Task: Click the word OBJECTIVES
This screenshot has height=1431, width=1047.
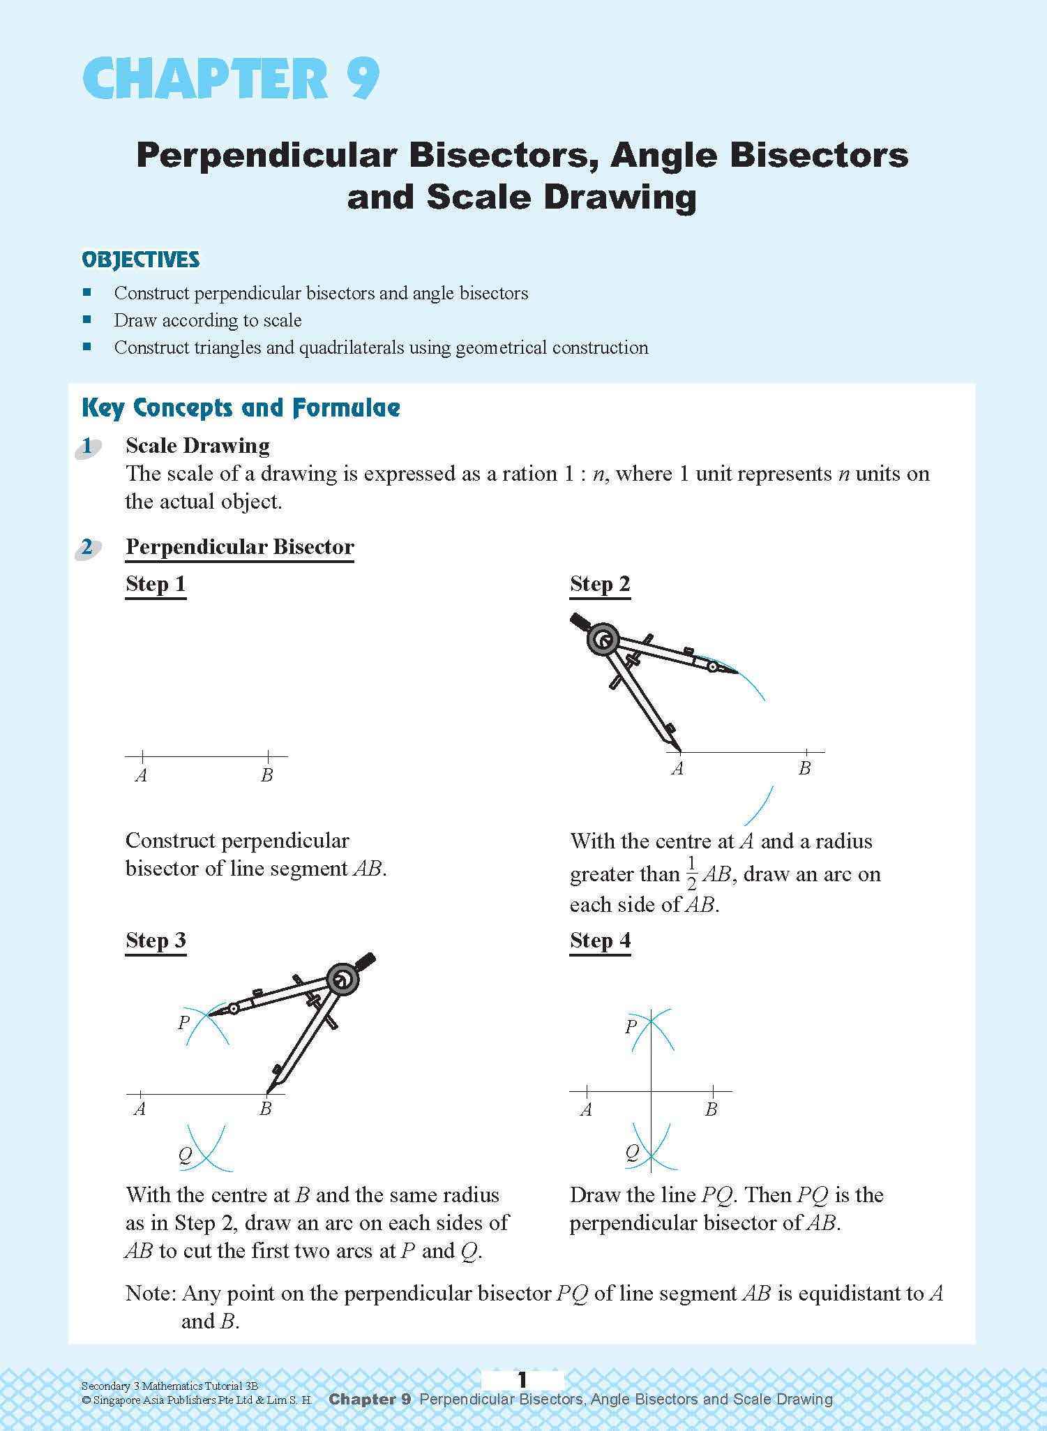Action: (x=140, y=260)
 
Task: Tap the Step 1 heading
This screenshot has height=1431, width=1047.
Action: (x=156, y=584)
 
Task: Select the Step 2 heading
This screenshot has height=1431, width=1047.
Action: (x=600, y=584)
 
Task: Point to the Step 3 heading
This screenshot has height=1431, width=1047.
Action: (x=156, y=941)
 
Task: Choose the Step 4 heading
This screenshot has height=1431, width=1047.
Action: (x=600, y=941)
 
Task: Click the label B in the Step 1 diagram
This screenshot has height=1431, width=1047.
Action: (x=266, y=775)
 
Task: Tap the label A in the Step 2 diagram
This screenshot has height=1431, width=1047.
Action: (x=677, y=769)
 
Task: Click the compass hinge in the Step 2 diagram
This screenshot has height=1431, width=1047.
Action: (x=602, y=640)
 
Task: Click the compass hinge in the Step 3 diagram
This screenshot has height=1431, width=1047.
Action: (x=342, y=980)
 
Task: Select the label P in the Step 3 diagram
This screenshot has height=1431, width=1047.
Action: (x=183, y=1023)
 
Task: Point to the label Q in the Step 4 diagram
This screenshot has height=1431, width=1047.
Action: (x=631, y=1152)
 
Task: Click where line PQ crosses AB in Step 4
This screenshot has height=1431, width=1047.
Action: (x=651, y=1091)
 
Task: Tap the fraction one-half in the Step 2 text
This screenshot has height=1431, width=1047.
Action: (x=691, y=874)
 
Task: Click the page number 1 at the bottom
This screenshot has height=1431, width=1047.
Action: (x=522, y=1380)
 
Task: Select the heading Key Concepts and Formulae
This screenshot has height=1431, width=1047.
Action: (x=241, y=408)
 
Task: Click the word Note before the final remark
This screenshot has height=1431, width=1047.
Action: (x=150, y=1294)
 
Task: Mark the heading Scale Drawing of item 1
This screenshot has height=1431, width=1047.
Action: (x=197, y=446)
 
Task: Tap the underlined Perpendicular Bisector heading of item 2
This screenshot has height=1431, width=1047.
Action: (x=239, y=547)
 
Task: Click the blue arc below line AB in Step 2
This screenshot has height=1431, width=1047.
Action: (x=759, y=806)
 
